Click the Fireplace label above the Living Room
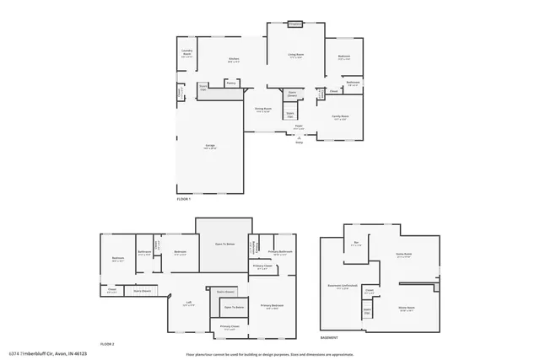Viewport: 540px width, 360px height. (x=295, y=24)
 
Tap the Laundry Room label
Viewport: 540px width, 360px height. (x=187, y=52)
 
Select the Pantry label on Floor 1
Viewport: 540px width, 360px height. (x=230, y=83)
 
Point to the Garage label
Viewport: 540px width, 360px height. (x=208, y=145)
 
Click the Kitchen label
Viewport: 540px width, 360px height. (x=234, y=59)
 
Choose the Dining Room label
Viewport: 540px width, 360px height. (x=263, y=108)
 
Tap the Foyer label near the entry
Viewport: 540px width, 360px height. (x=299, y=126)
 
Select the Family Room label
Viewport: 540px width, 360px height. (x=339, y=116)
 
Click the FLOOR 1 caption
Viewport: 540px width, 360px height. (x=184, y=199)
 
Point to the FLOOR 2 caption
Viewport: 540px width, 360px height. (x=106, y=344)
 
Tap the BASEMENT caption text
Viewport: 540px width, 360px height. (x=330, y=337)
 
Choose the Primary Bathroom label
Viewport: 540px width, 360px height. (x=280, y=252)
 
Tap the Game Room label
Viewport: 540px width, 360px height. (x=403, y=254)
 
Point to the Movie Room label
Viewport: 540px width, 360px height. (x=406, y=308)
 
